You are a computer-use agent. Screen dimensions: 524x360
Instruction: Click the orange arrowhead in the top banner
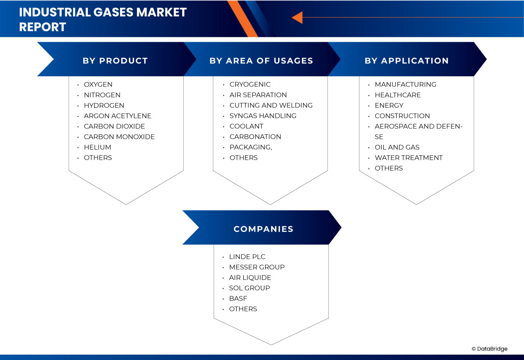(x=297, y=18)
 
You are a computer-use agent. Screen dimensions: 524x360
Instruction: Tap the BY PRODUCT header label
(x=115, y=61)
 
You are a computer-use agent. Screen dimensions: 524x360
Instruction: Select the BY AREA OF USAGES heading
(x=261, y=61)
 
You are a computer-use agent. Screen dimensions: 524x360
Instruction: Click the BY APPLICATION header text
(x=407, y=61)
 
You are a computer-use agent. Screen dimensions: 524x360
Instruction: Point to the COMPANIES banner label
(x=264, y=229)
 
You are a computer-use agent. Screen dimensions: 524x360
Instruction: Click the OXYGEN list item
(x=98, y=84)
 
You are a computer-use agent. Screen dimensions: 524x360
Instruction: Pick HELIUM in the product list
(x=97, y=147)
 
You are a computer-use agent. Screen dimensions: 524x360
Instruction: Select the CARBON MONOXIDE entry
(x=119, y=137)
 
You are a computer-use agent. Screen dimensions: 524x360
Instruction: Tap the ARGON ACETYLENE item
(x=118, y=116)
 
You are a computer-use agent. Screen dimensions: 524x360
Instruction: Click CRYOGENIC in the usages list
(x=250, y=84)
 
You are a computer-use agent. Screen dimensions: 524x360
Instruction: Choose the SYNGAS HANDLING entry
(x=263, y=116)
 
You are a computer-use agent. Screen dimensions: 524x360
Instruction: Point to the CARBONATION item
(x=255, y=137)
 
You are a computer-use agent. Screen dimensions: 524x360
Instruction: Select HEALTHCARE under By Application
(x=398, y=95)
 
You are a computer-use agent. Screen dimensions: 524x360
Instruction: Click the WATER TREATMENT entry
(x=409, y=158)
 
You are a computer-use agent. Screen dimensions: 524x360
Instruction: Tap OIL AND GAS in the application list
(x=397, y=147)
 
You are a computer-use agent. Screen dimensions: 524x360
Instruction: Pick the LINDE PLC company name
(x=247, y=256)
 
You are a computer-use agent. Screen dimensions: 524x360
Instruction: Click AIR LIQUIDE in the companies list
(x=250, y=278)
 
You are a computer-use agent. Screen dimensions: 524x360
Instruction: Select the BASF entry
(x=238, y=299)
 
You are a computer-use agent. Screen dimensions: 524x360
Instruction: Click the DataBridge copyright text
(x=489, y=349)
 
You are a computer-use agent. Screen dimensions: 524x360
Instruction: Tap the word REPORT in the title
(x=43, y=27)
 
